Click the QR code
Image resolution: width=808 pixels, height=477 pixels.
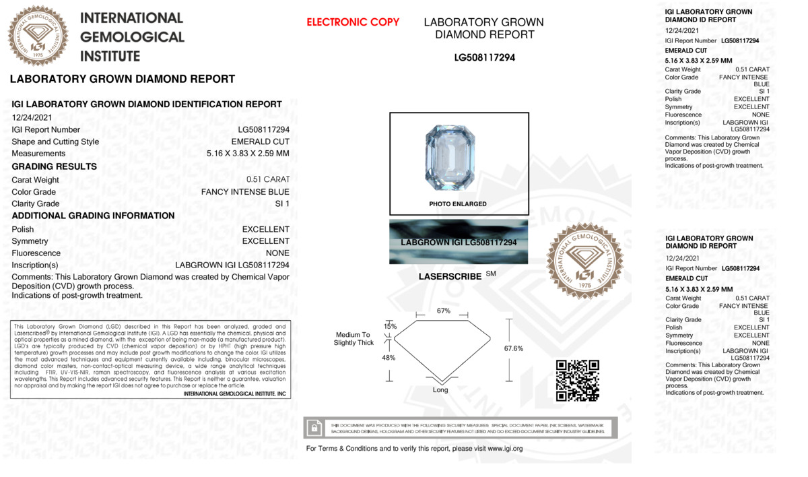(x=577, y=381)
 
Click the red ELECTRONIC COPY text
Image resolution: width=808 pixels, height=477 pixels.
(x=353, y=22)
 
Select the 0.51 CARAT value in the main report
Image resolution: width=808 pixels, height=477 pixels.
(x=268, y=180)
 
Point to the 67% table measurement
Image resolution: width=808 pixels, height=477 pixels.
(x=443, y=311)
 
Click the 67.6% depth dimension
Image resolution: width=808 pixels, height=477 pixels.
(x=513, y=348)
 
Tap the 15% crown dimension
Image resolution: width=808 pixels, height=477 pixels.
(x=391, y=326)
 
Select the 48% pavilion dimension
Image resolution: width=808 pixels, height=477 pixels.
(x=389, y=358)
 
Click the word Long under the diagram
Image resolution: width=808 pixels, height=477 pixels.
(x=440, y=390)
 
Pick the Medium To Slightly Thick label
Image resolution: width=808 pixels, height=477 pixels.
(x=353, y=339)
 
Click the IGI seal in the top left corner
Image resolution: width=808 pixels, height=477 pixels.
(x=38, y=36)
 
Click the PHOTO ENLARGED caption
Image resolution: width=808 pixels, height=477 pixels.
(x=458, y=203)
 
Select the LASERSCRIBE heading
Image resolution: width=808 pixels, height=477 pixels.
(x=450, y=277)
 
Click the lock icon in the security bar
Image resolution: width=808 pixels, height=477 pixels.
(x=314, y=428)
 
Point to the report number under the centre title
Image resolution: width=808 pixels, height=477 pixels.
(x=484, y=58)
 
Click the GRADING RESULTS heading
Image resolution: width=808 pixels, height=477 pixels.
(x=54, y=166)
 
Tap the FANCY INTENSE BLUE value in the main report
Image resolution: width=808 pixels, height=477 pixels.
(x=245, y=192)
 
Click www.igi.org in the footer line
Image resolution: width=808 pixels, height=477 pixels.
(x=505, y=449)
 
